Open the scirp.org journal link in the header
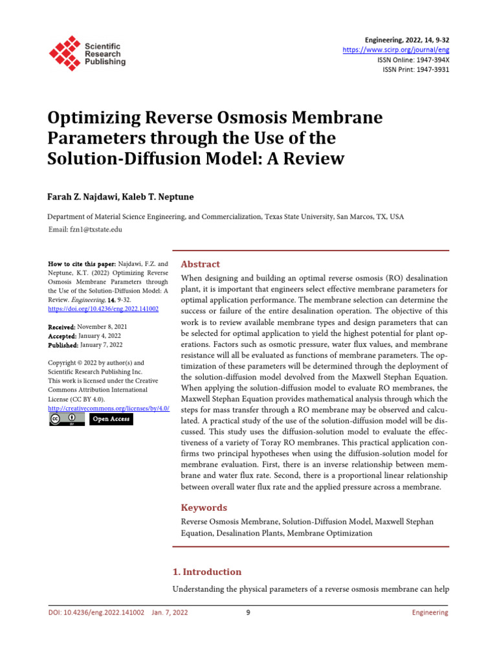396,50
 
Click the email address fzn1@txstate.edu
96,229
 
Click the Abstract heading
200,264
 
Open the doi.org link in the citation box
104,309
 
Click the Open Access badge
111,419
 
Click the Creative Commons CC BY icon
67,419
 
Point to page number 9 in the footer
248,612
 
